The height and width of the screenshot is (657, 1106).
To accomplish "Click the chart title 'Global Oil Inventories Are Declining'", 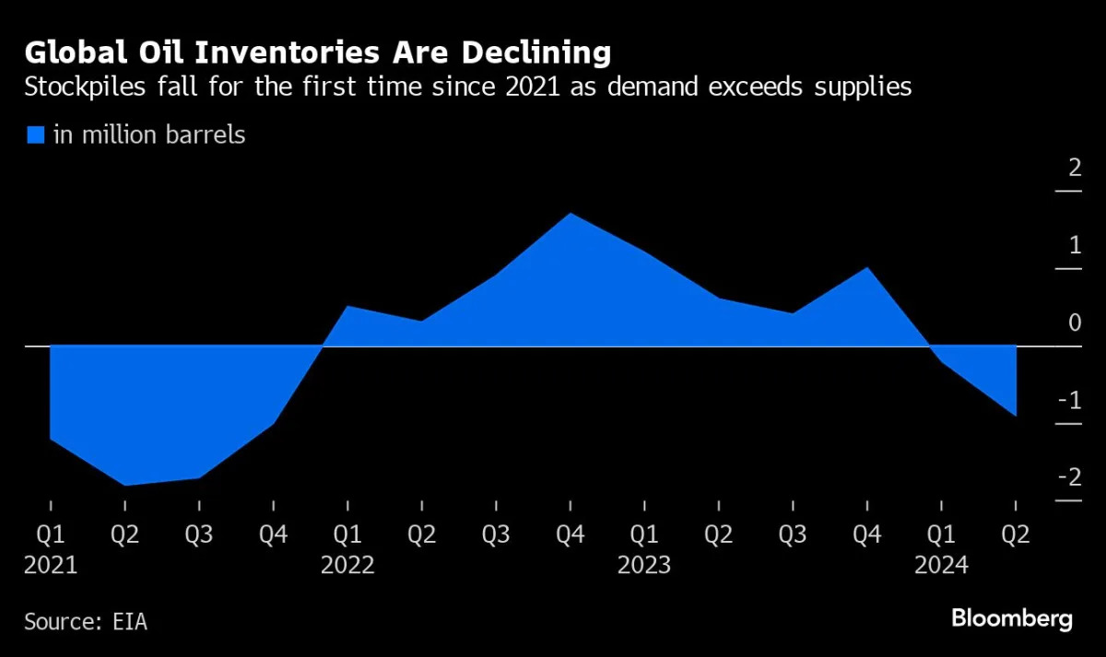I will (x=318, y=53).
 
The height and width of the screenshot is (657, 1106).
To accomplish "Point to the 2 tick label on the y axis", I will (x=1074, y=168).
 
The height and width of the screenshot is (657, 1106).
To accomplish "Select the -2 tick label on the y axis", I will (x=1069, y=476).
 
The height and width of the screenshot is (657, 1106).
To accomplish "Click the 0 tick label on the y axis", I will (x=1075, y=323).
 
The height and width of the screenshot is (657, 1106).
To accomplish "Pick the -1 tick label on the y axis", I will (x=1069, y=400).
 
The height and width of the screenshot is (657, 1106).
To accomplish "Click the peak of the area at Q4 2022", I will (x=571, y=213).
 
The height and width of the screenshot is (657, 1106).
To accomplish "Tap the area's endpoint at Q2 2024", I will (x=1016, y=416).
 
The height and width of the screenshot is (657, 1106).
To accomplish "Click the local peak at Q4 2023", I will (x=867, y=267).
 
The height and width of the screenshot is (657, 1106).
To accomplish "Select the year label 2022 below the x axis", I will (x=347, y=565).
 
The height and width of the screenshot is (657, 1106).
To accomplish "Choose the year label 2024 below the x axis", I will (x=941, y=565).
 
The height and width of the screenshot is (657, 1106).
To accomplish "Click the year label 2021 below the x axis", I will (x=51, y=565).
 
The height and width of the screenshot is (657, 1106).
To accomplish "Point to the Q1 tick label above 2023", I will (x=644, y=534).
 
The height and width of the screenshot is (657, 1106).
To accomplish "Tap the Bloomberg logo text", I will (x=1011, y=618).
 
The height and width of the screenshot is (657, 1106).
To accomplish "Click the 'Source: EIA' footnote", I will (x=86, y=622).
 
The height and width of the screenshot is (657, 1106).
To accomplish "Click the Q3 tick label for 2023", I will (x=793, y=534).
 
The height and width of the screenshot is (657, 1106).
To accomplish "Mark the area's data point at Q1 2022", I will (x=347, y=306).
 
